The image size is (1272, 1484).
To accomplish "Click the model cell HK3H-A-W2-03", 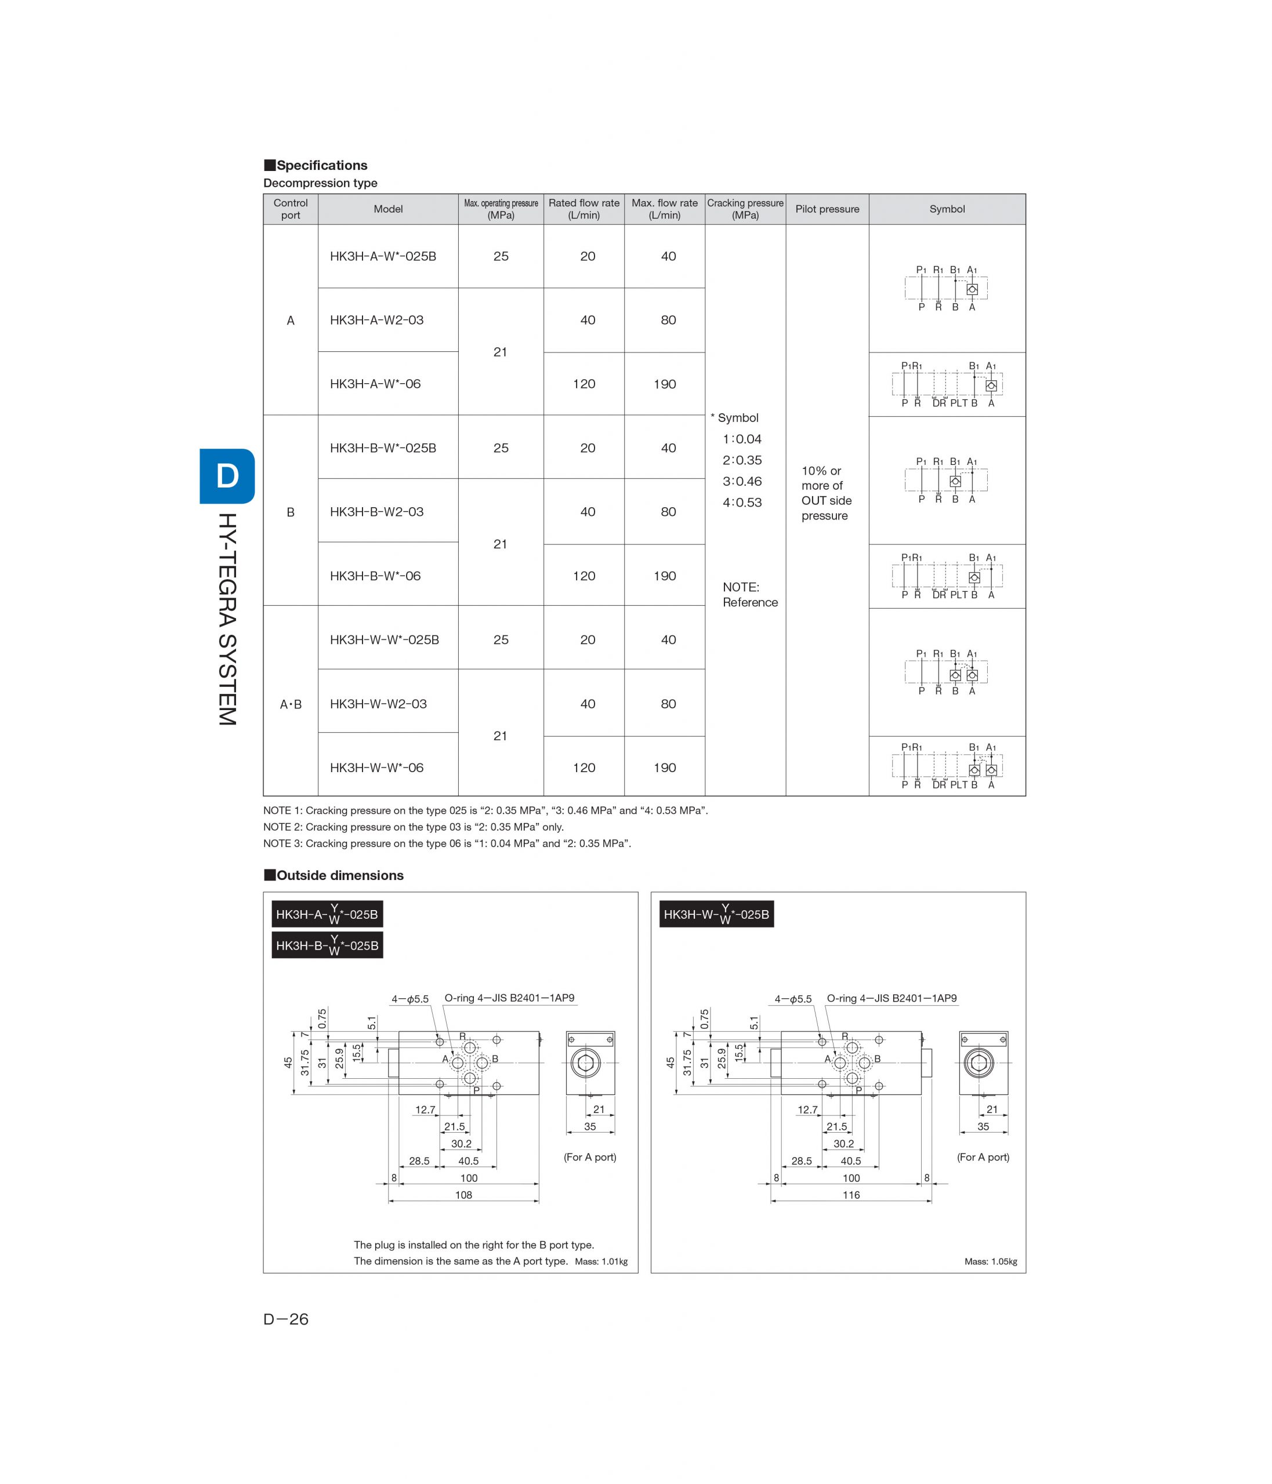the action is (376, 320).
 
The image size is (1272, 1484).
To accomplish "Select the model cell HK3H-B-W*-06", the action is (375, 576).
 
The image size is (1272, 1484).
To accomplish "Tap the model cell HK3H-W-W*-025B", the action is (384, 639).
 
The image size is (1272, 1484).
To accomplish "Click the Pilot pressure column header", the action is (827, 209).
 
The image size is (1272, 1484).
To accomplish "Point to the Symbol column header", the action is (947, 209).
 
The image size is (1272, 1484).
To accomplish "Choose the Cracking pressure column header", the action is (745, 209).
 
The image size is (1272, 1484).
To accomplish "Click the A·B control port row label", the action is (290, 704).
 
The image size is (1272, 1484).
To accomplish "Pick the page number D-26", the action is (286, 1319).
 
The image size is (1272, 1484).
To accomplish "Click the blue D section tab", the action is (227, 477).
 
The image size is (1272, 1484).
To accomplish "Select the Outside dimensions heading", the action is (334, 875).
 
